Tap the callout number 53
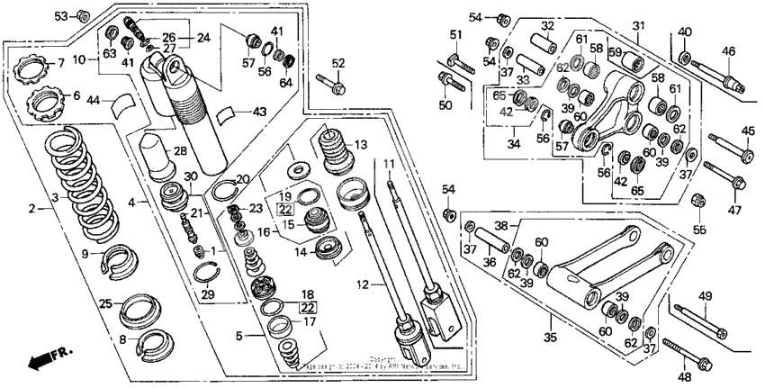coord(61,16)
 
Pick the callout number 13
coord(361,145)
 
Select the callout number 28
coord(179,149)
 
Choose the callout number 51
coord(455,35)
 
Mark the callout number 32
coord(547,25)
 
